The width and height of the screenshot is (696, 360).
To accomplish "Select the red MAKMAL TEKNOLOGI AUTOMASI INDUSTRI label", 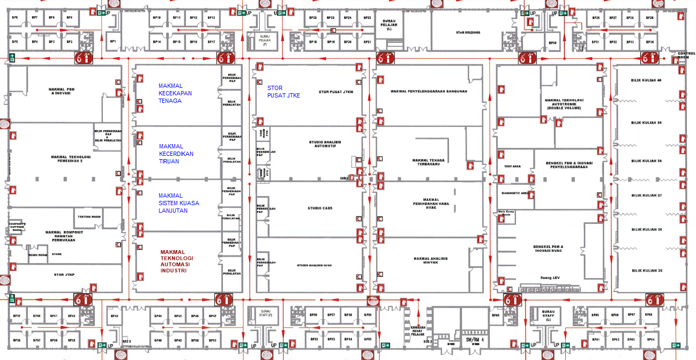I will (177, 261).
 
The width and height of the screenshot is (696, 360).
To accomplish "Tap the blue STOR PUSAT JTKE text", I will (284, 92).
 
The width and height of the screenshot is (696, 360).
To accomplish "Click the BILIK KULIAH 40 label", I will (648, 80).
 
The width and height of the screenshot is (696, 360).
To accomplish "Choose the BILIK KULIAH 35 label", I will (648, 271).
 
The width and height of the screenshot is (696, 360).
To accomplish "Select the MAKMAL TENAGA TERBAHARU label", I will (428, 162).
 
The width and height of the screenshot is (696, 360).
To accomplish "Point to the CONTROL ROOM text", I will (686, 55).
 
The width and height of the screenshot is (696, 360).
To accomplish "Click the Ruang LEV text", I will (548, 278).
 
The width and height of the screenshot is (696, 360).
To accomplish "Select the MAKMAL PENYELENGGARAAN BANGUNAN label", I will (429, 91).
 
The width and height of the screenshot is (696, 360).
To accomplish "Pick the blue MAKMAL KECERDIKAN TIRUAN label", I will (176, 154).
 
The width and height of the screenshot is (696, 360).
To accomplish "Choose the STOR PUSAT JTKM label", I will (336, 92).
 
